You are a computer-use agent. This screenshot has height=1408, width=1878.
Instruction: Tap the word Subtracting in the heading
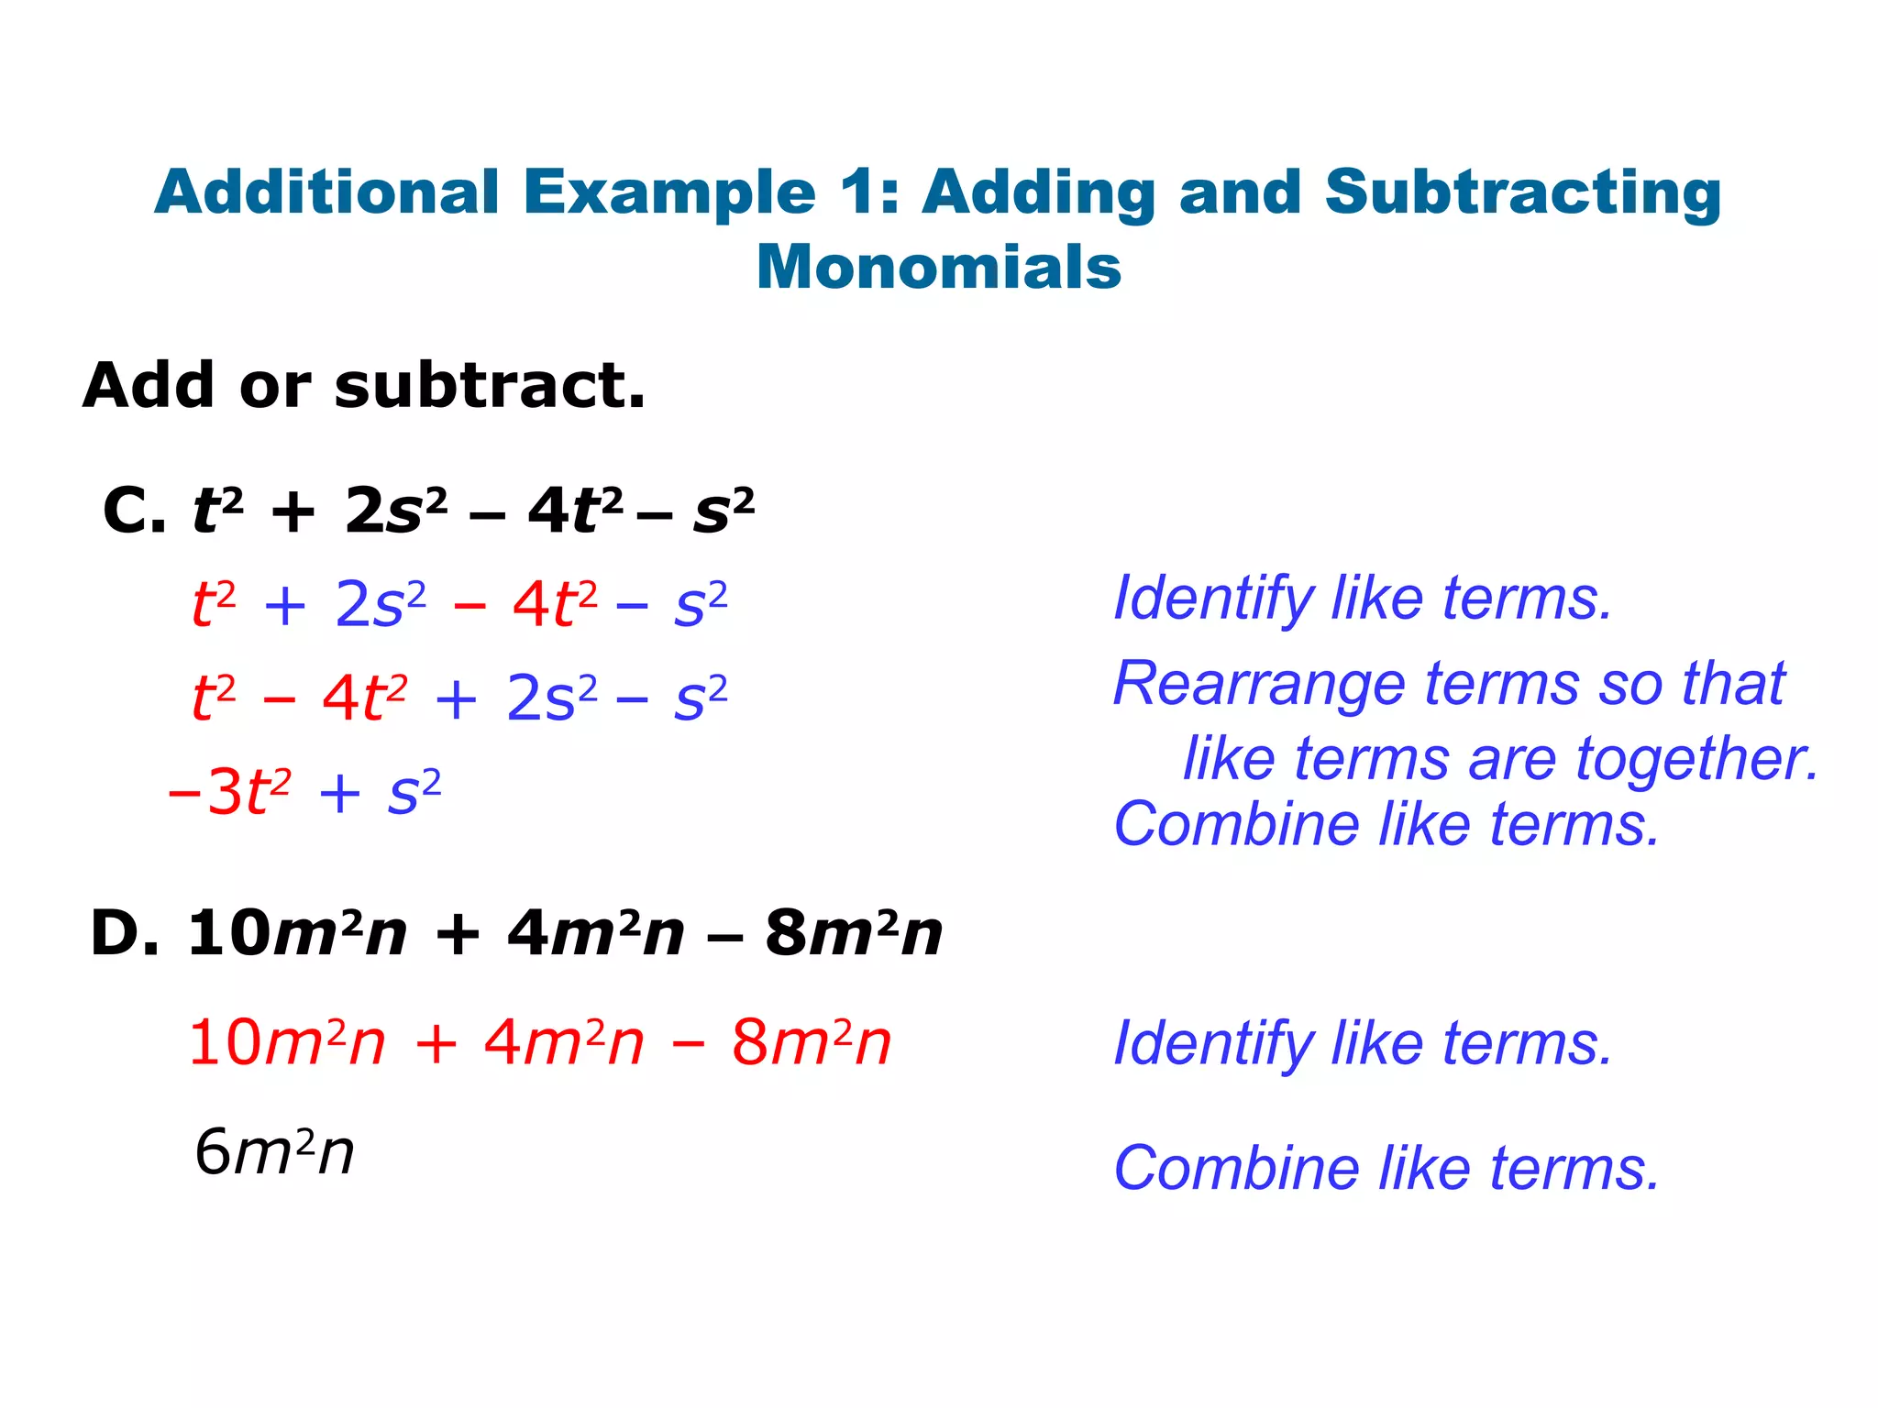tap(1522, 193)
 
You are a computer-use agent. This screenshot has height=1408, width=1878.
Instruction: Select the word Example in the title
tap(669, 193)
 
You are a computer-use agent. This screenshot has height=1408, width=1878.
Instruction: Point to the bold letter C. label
tap(134, 510)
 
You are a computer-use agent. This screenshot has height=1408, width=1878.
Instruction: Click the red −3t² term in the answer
tap(230, 792)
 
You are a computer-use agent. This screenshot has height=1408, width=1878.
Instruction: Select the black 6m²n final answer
tap(274, 1152)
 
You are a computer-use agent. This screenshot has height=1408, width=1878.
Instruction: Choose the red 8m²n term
tap(811, 1043)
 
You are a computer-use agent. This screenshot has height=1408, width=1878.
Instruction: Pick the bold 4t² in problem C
tap(576, 510)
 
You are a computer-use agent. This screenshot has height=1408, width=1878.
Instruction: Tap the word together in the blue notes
tap(1696, 759)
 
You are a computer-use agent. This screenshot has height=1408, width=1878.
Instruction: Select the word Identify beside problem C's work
tap(1213, 599)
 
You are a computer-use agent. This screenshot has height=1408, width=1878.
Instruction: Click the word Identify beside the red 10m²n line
tap(1213, 1044)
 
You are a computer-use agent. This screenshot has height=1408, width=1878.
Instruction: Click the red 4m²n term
tap(564, 1043)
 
